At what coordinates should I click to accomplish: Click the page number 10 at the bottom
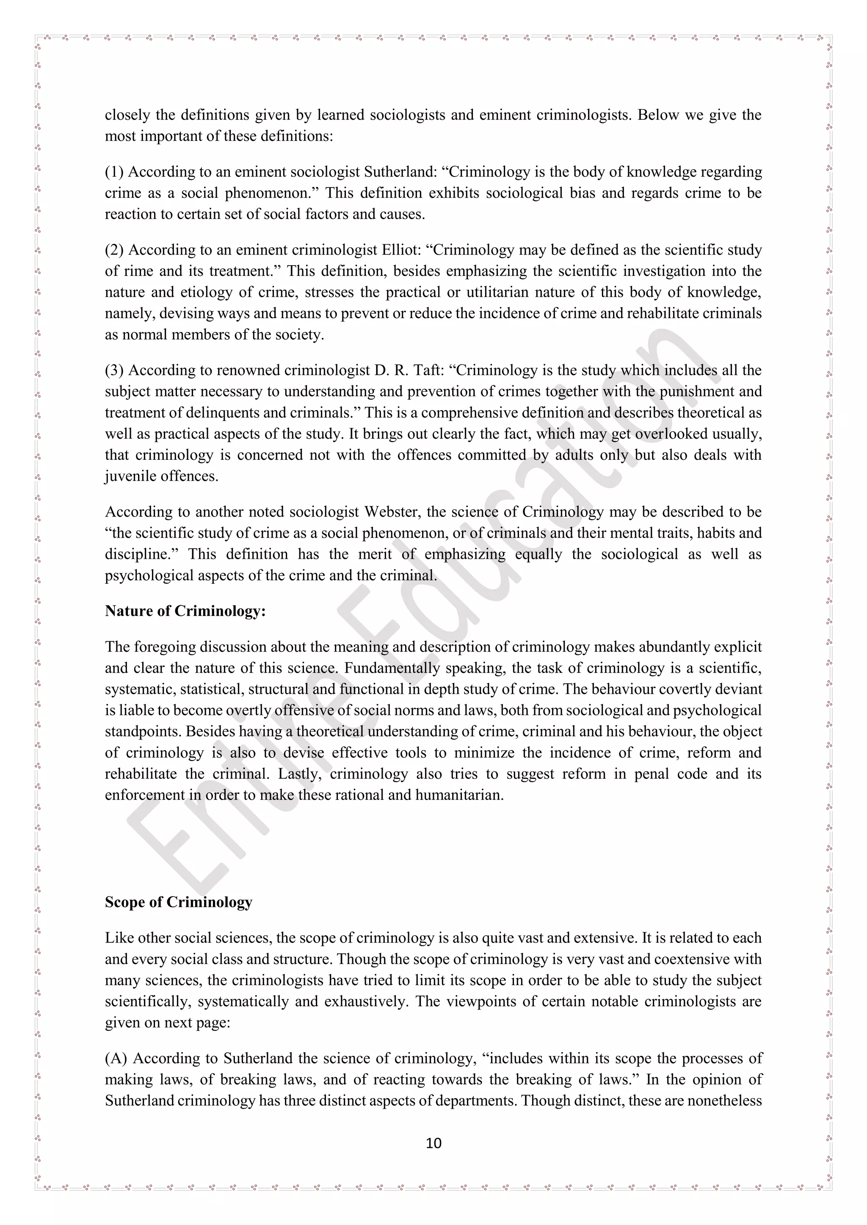pyautogui.click(x=433, y=1143)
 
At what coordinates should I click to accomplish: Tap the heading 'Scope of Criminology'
pyautogui.click(x=178, y=902)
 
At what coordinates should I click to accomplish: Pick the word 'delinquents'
pyautogui.click(x=226, y=413)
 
